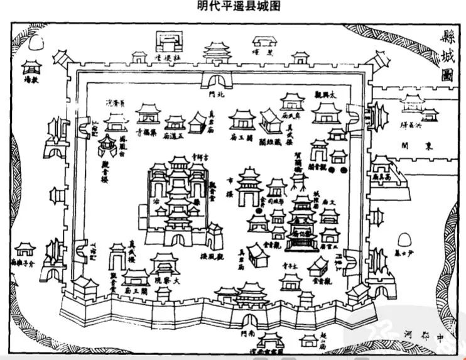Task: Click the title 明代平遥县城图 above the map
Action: tap(233, 6)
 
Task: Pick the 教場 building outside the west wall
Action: tap(30, 67)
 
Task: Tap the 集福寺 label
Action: tap(146, 134)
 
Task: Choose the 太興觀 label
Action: tap(327, 94)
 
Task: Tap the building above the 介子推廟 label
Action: tap(26, 248)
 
